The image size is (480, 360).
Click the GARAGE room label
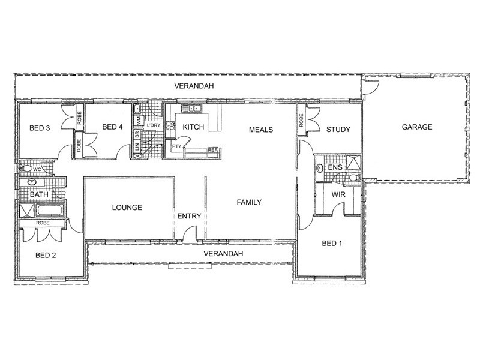[417, 127]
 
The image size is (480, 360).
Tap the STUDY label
[338, 130]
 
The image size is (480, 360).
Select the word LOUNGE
[127, 208]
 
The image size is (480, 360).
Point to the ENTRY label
[189, 216]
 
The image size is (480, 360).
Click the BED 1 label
[332, 244]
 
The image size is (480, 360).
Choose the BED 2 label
[46, 256]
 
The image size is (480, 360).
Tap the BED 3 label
[40, 128]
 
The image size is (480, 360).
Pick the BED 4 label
[112, 127]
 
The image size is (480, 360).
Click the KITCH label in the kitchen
[193, 127]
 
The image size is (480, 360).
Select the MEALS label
[261, 130]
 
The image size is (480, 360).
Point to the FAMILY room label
[249, 202]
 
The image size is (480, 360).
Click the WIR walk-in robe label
[338, 194]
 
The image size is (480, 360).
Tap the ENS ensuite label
[335, 167]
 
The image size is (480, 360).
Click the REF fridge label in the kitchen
[212, 150]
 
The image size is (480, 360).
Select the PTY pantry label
[176, 146]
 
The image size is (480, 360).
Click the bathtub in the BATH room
[50, 211]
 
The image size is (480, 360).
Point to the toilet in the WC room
[25, 169]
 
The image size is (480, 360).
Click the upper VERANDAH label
[194, 86]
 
